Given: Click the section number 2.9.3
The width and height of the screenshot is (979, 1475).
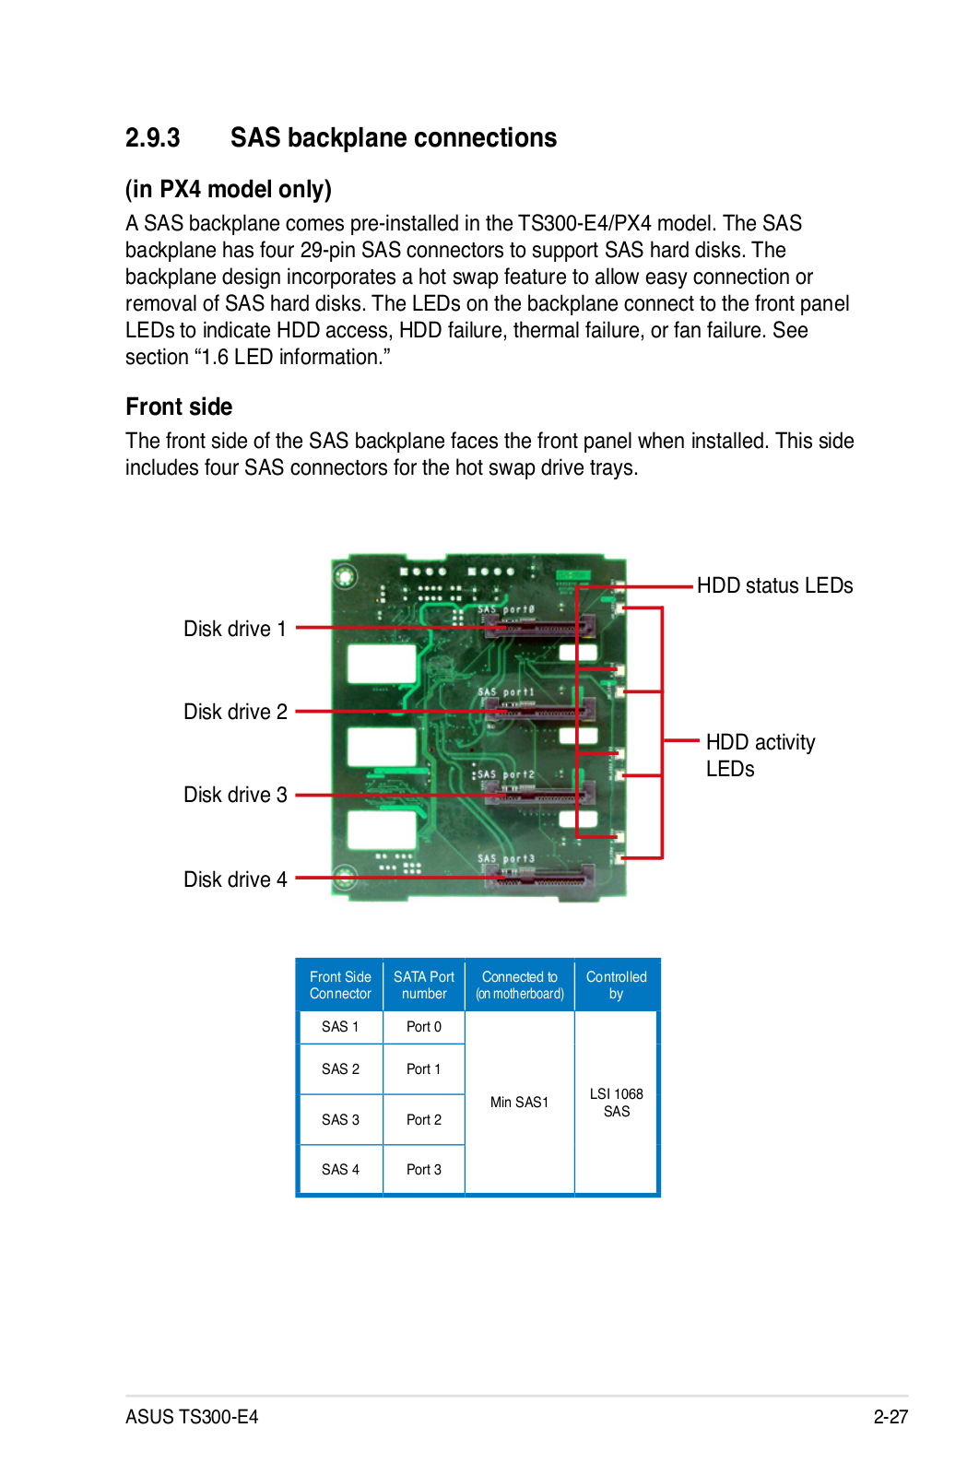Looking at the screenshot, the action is coord(152,138).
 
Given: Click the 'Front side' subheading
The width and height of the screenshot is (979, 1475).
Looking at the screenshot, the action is coord(179,407).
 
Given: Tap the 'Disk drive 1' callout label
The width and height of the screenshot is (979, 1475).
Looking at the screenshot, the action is coord(234,629).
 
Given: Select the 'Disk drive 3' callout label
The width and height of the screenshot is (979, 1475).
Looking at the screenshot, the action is coord(235,795).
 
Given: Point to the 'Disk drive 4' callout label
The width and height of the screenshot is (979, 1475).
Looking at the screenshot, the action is coord(235,879).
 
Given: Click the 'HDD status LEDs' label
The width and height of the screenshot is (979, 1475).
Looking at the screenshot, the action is coord(775,585).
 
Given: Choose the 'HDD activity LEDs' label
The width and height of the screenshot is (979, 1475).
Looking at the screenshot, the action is coord(761,755).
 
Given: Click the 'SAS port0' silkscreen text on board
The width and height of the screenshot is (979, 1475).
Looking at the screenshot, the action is coord(505,609).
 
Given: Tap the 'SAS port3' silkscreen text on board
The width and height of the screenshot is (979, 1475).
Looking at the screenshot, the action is coord(505,858).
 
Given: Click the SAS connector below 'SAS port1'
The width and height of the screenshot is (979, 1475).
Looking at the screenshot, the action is coord(540,710).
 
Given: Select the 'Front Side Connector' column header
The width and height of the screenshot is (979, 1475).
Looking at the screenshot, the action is coord(340,985).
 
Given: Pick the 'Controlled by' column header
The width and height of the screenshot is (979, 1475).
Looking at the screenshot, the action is coord(616,985).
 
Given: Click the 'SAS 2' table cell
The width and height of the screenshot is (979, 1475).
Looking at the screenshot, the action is coord(340,1068).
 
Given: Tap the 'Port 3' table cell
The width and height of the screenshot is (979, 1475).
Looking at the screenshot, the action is coord(423,1170).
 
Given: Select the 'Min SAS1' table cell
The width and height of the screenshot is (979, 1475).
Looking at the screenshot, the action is coord(519,1103).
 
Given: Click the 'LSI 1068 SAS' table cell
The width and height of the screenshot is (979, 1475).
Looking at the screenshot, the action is coord(616,1103).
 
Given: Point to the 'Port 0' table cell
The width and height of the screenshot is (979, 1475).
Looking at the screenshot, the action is coord(423,1027).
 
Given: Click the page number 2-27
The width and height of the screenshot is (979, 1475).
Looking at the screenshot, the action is coord(891,1417).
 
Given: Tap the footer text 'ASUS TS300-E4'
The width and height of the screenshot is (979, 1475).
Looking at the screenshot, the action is coord(192,1417).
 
